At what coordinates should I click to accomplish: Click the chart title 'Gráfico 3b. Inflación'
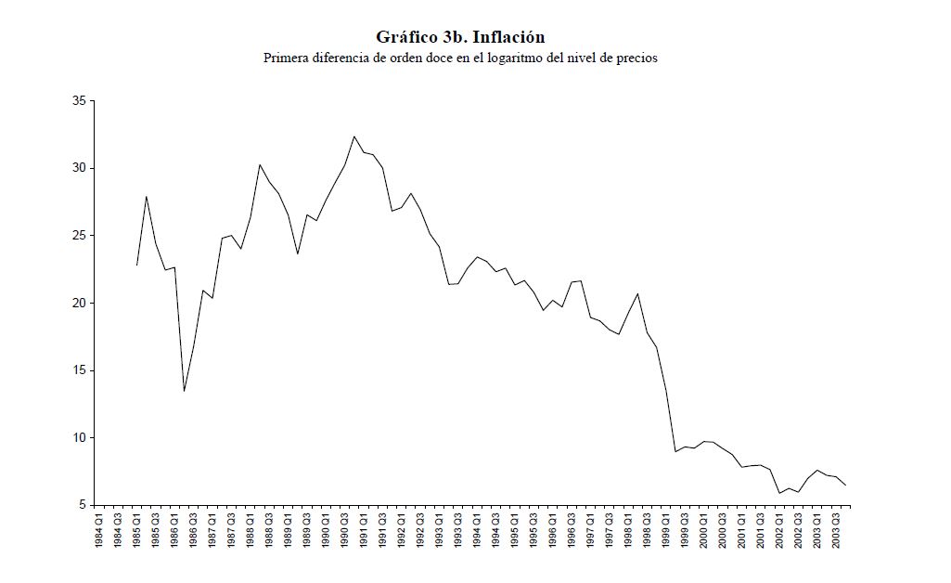(x=460, y=37)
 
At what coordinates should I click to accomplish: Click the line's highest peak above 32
(x=353, y=136)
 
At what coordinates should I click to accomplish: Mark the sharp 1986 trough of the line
(x=184, y=391)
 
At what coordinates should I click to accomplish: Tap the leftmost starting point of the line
(x=136, y=266)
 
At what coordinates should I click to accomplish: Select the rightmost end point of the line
(x=845, y=486)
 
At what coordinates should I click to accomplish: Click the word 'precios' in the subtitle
(x=636, y=58)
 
